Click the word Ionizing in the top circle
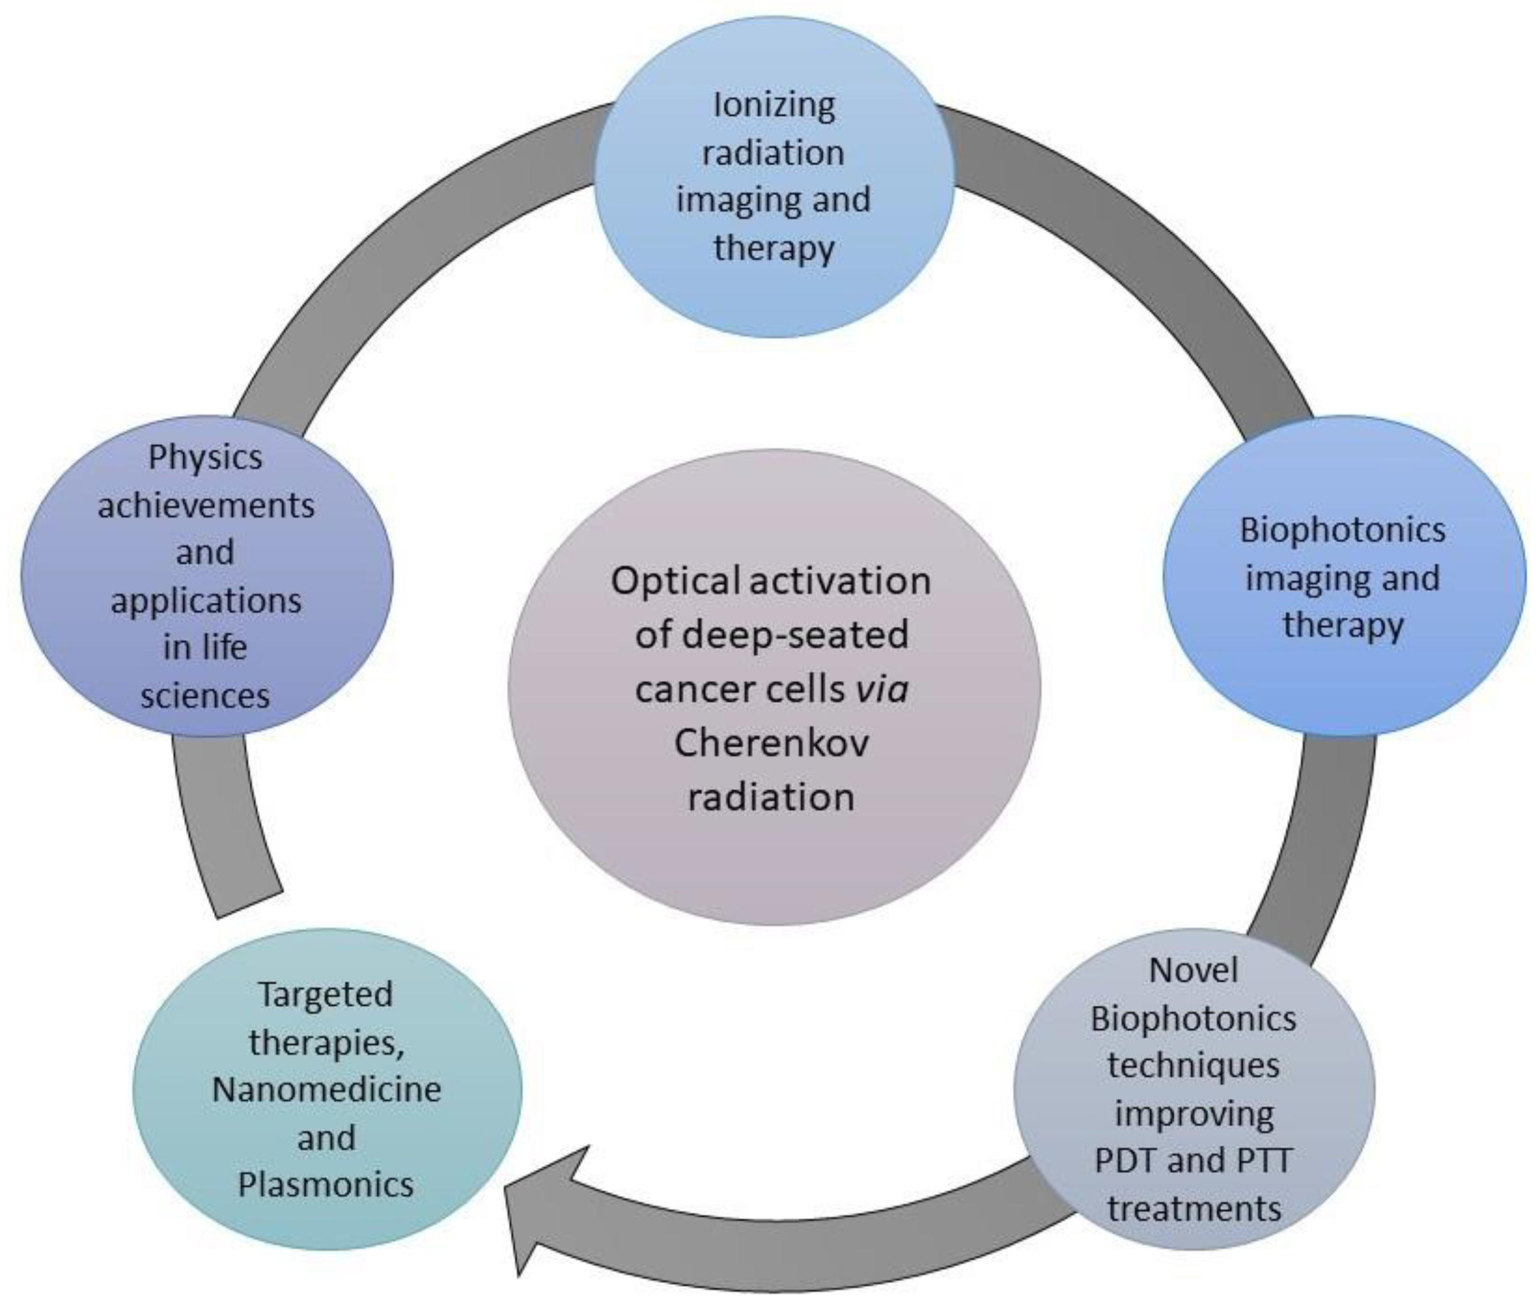773,105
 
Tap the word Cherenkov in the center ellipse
771,743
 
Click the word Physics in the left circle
205,457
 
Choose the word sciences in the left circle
205,696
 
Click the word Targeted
325,994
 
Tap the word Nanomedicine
326,1089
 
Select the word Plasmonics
325,1185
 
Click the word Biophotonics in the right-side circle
1342,530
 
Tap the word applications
206,600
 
